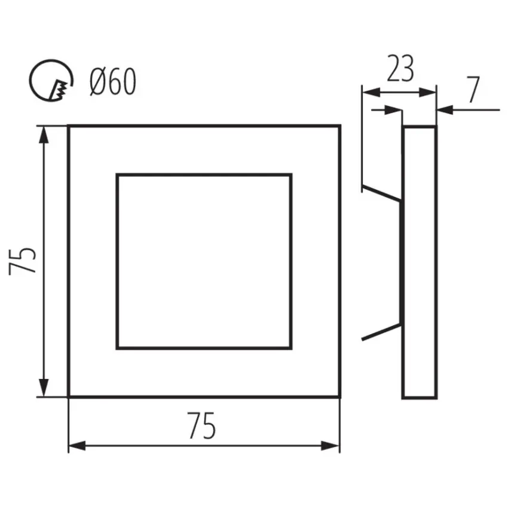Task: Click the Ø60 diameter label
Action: [113, 82]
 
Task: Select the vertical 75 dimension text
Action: [22, 261]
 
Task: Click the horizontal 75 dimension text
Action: [201, 426]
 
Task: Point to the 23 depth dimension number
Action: [400, 68]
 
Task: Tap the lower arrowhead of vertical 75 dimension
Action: [44, 387]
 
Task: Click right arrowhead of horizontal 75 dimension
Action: [330, 445]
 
